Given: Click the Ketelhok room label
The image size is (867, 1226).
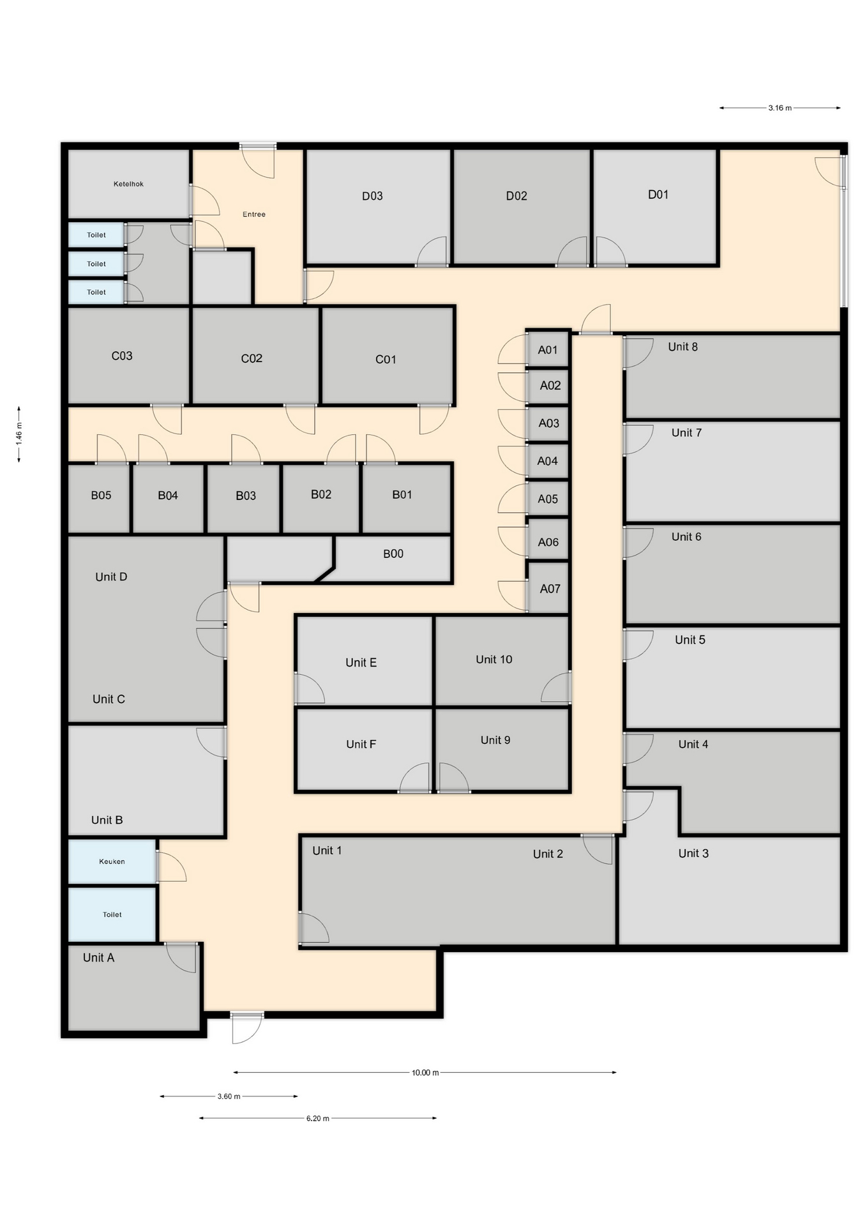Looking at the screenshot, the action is click(x=128, y=184).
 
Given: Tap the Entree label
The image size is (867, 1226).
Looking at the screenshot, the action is click(x=254, y=215).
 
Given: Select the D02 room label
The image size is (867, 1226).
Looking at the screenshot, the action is click(x=516, y=196).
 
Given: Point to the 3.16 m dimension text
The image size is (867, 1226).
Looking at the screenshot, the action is click(x=780, y=109).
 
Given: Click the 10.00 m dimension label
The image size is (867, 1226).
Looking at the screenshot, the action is click(x=425, y=1073).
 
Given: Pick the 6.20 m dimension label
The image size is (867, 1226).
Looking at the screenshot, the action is click(x=318, y=1118).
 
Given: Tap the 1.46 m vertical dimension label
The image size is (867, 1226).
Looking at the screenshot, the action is click(x=19, y=434).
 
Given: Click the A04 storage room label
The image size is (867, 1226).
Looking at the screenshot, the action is click(x=547, y=461).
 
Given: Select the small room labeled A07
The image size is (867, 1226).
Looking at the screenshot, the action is click(x=548, y=587).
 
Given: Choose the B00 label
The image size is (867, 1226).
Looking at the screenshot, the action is click(x=393, y=554).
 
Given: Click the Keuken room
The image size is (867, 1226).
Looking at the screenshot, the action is click(x=112, y=861).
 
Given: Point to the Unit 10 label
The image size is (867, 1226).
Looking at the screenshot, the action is click(x=494, y=660).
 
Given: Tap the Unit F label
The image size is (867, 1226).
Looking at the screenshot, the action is click(x=361, y=744).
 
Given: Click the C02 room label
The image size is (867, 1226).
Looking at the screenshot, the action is click(x=252, y=358).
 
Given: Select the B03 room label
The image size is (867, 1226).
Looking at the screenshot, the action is click(x=246, y=496).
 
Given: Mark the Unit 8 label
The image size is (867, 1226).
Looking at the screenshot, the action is click(x=682, y=347).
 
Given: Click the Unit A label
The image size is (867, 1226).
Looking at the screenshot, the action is click(x=98, y=957).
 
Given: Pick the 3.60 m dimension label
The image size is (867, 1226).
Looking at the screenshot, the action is click(x=229, y=1096).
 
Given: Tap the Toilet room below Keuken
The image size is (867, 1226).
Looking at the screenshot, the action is click(x=112, y=914).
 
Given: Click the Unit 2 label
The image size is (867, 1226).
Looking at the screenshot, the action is click(x=548, y=854).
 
